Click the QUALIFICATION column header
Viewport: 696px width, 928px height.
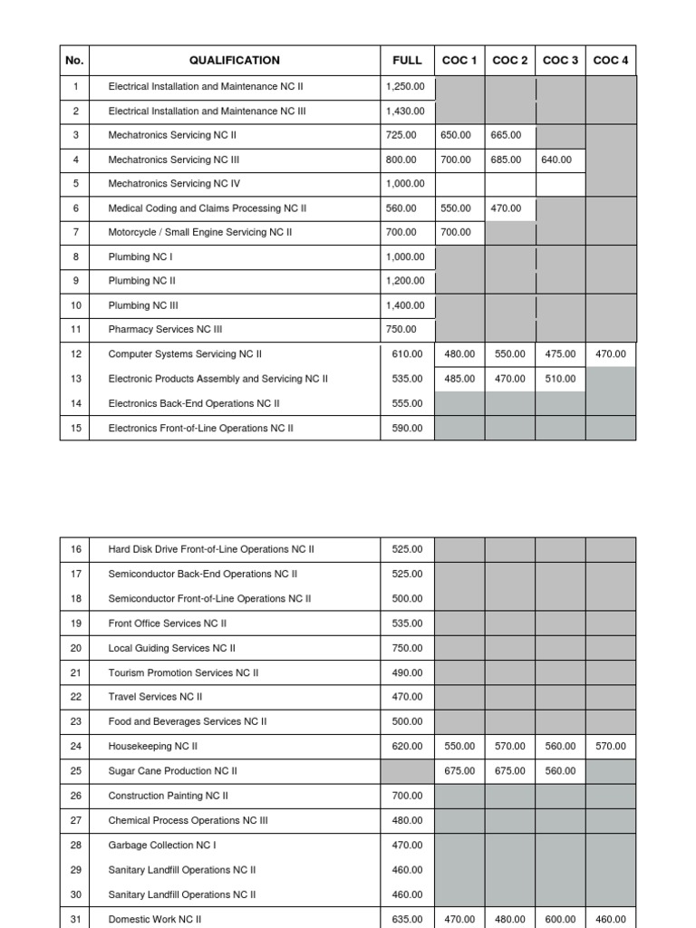pyautogui.click(x=234, y=61)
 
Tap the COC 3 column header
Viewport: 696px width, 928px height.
pyautogui.click(x=560, y=61)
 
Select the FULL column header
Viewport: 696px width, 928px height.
pyautogui.click(x=407, y=61)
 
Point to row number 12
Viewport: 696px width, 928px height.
pyautogui.click(x=75, y=354)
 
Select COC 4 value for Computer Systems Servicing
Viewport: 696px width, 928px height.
pyautogui.click(x=611, y=354)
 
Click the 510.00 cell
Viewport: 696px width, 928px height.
pyautogui.click(x=560, y=379)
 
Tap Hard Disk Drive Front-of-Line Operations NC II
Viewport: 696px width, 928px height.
pyautogui.click(x=211, y=549)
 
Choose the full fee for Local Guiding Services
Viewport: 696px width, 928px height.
pyautogui.click(x=407, y=648)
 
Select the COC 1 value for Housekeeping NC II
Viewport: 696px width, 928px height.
pyautogui.click(x=459, y=746)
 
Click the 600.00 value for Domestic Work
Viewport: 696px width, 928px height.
pyautogui.click(x=560, y=918)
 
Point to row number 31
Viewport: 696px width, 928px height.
pyautogui.click(x=75, y=918)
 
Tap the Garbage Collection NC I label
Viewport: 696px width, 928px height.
pyautogui.click(x=162, y=845)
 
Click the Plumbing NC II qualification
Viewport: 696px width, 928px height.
pyautogui.click(x=142, y=281)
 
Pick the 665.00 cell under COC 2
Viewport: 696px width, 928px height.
pyautogui.click(x=506, y=135)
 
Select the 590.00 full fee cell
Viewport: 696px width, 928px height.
pyautogui.click(x=407, y=428)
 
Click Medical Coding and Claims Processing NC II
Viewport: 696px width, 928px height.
pyautogui.click(x=208, y=208)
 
